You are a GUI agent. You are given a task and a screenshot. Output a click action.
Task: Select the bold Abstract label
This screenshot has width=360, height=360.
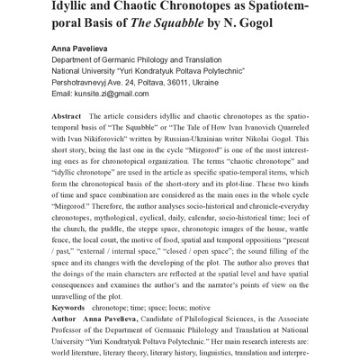tap(72, 142)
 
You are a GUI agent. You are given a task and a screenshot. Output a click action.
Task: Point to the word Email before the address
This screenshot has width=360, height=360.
tap(66, 116)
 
